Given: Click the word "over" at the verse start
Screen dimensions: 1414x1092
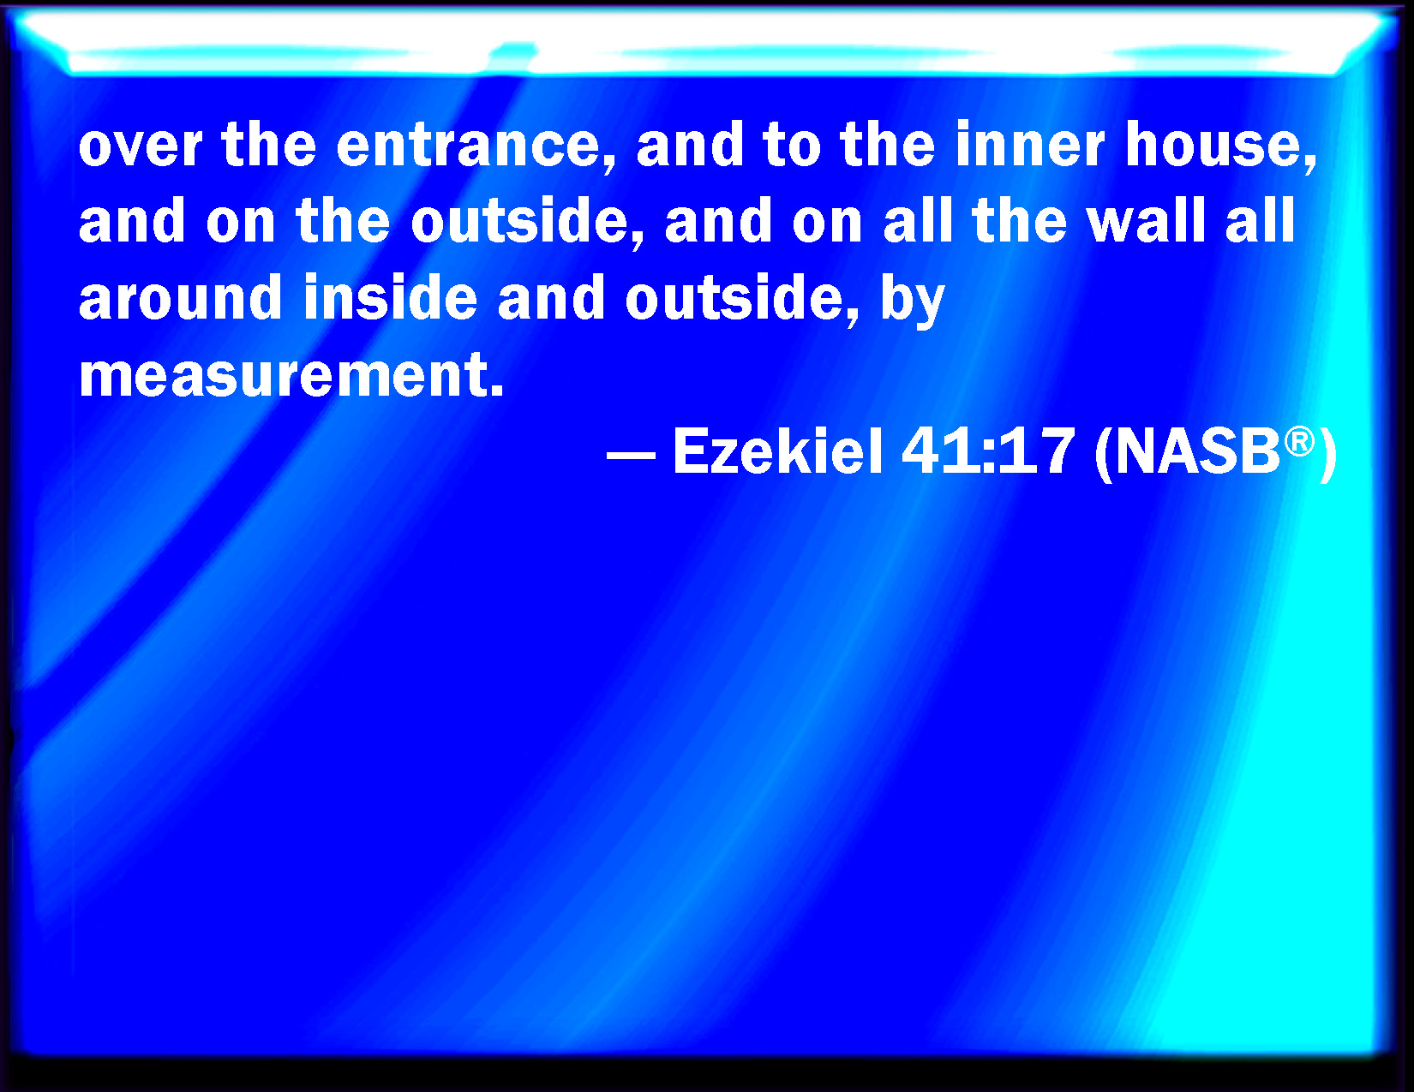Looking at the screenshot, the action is pyautogui.click(x=141, y=146).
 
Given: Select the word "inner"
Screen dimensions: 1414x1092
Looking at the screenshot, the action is pyautogui.click(x=1030, y=145).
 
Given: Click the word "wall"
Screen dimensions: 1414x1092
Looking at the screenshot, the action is pyautogui.click(x=1146, y=221).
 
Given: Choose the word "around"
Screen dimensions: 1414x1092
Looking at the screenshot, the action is pyautogui.click(x=180, y=298).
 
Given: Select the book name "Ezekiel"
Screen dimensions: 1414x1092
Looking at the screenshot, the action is pyautogui.click(x=777, y=451).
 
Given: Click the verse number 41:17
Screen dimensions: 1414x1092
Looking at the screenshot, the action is pyautogui.click(x=987, y=451).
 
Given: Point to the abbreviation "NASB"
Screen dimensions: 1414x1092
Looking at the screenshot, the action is pyautogui.click(x=1198, y=452).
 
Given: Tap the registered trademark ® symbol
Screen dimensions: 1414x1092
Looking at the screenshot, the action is pyautogui.click(x=1298, y=443).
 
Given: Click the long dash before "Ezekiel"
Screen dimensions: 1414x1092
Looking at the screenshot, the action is pyautogui.click(x=631, y=456).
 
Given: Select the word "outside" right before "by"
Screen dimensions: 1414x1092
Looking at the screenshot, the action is pyautogui.click(x=734, y=298).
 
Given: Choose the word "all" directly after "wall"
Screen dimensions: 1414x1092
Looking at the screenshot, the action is pyautogui.click(x=1260, y=221).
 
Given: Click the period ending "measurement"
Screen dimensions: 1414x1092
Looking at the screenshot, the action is pyautogui.click(x=497, y=390).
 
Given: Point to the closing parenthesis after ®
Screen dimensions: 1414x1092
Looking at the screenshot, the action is pyautogui.click(x=1327, y=456).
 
